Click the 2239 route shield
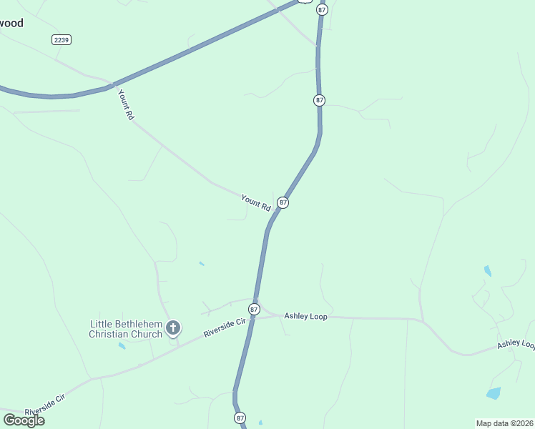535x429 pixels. (62, 40)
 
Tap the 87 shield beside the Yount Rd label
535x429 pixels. (283, 203)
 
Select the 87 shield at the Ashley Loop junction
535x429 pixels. (254, 309)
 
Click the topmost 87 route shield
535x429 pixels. (322, 9)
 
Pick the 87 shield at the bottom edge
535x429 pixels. (240, 418)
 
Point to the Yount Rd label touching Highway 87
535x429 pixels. (255, 202)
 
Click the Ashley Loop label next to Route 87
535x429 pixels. (305, 316)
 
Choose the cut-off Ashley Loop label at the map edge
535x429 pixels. (516, 344)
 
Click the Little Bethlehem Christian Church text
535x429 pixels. (125, 329)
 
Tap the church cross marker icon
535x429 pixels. (172, 328)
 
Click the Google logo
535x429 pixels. (24, 420)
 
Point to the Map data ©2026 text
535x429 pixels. (504, 423)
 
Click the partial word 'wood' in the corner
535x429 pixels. (11, 23)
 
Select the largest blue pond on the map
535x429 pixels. (494, 393)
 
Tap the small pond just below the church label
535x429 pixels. (122, 346)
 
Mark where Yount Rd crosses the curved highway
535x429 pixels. (112, 85)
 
